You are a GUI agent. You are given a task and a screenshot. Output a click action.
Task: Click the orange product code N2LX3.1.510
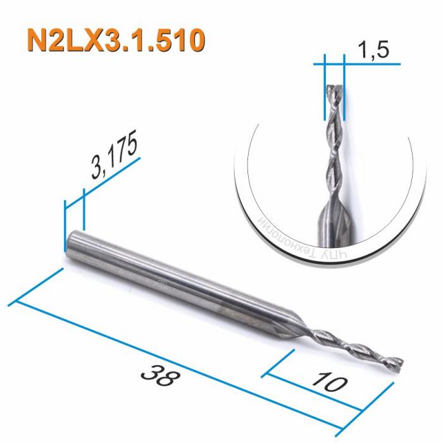tap(116, 40)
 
